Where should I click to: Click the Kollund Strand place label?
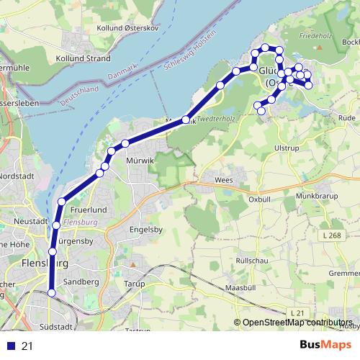84,58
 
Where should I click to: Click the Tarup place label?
135,284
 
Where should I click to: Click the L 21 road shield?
297,311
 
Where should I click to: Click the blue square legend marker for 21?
9,346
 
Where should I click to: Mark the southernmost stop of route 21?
52,292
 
